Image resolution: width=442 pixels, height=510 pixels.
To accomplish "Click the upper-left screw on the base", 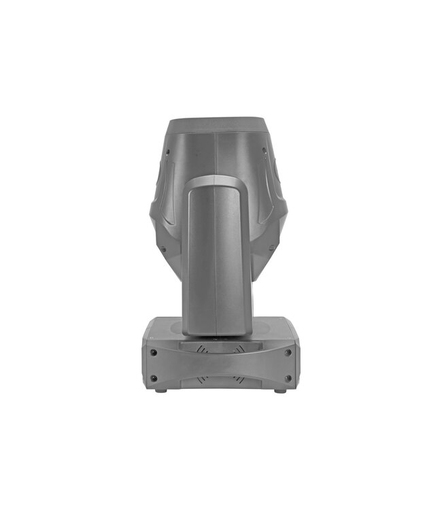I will pos(154,352).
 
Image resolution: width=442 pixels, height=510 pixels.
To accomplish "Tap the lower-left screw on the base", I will pos(154,378).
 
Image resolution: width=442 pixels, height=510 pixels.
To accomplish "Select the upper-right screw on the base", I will pos(288,352).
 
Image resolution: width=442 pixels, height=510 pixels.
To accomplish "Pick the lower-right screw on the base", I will pos(288,378).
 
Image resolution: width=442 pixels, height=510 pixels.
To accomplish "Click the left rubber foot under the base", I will pos(160,390).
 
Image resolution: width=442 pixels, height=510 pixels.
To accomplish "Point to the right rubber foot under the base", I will pos(280,390).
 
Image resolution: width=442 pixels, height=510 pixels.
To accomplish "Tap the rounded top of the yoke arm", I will pos(215,181).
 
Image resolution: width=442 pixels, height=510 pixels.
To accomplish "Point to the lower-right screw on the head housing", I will pos(272,248).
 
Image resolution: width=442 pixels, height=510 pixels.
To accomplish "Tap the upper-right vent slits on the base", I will pos(238,348).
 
